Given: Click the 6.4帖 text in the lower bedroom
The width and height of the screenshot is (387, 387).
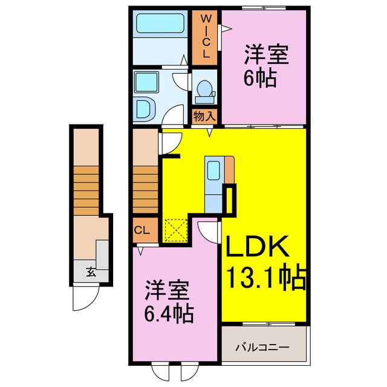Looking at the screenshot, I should pos(169,314).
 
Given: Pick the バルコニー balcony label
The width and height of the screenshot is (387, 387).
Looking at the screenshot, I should pos(262,348).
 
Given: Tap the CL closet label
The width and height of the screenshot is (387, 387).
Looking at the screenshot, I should pos(141,230).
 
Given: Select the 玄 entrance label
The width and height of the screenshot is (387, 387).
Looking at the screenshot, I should pos(90,272).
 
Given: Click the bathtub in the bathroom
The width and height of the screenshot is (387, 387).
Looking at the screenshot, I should pos(160,25).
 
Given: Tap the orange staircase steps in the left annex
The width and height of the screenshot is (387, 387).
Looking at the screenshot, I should pos(86,187).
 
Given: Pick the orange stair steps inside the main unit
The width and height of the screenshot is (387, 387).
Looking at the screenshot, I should pos(145,187).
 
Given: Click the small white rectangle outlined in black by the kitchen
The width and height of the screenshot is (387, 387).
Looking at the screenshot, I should pos(230,200).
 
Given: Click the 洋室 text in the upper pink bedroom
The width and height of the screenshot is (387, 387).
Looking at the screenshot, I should pos(265,55).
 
